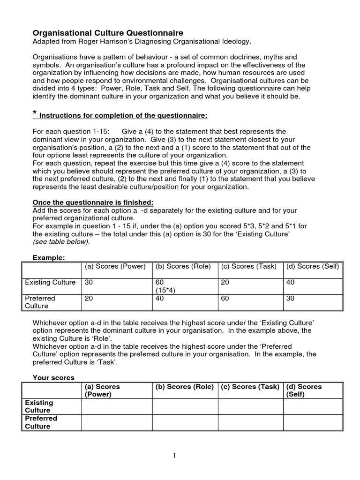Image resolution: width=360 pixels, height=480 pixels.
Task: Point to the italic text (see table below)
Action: tap(61, 242)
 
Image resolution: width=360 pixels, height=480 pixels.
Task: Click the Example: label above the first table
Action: tap(48, 258)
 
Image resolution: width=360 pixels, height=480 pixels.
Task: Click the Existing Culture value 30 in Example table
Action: tap(89, 282)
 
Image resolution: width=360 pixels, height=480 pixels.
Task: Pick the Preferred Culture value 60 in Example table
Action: tap(225, 298)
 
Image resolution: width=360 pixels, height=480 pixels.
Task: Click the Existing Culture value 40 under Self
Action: tap(290, 282)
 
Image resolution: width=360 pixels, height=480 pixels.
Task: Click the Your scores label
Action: tap(53, 377)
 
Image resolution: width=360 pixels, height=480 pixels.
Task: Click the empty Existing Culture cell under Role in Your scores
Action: tap(185, 406)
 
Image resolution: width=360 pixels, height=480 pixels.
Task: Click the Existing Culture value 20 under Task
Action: tap(225, 282)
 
